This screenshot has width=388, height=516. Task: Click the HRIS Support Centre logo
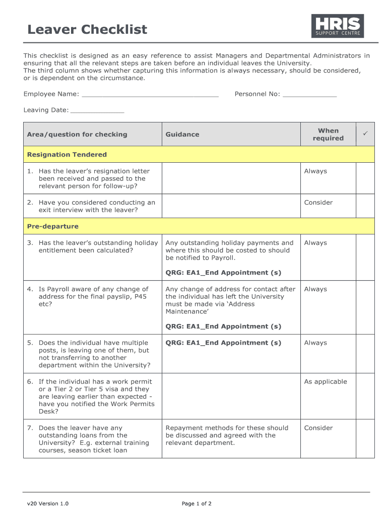(x=337, y=26)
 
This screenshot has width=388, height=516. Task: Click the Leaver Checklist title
(x=87, y=29)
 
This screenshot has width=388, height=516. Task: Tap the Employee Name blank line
(x=150, y=94)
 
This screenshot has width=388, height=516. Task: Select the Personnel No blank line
(x=309, y=94)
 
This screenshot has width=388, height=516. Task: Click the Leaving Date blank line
(x=97, y=110)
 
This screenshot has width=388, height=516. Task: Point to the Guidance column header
(x=182, y=135)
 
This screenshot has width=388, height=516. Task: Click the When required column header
(x=328, y=135)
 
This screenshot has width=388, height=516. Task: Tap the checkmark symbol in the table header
(x=365, y=133)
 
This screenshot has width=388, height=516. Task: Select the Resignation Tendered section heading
(x=67, y=155)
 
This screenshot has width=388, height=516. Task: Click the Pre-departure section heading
(x=52, y=226)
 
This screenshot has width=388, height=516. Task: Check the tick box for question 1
(x=365, y=178)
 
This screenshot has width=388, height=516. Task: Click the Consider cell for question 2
(x=318, y=203)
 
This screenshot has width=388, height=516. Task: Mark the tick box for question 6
(x=365, y=396)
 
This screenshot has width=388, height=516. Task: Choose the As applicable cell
(x=325, y=381)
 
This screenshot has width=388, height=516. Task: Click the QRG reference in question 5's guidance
(x=223, y=343)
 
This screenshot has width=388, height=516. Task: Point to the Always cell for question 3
(x=315, y=243)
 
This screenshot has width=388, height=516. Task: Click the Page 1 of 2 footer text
(x=197, y=503)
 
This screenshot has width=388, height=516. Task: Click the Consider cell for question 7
(x=318, y=428)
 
